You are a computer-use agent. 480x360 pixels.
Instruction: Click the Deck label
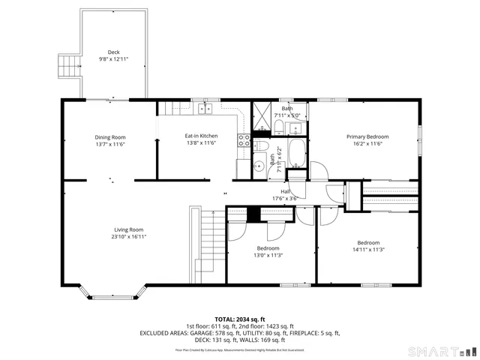113,52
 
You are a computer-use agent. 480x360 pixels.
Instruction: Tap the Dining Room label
109,137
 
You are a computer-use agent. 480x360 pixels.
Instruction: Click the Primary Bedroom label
364,137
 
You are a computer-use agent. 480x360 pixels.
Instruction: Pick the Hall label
286,192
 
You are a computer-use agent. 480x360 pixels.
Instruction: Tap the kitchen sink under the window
205,109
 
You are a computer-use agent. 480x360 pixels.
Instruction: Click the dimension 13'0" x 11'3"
268,255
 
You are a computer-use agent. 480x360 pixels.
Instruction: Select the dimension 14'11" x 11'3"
368,250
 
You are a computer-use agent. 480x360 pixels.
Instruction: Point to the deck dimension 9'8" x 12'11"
113,59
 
